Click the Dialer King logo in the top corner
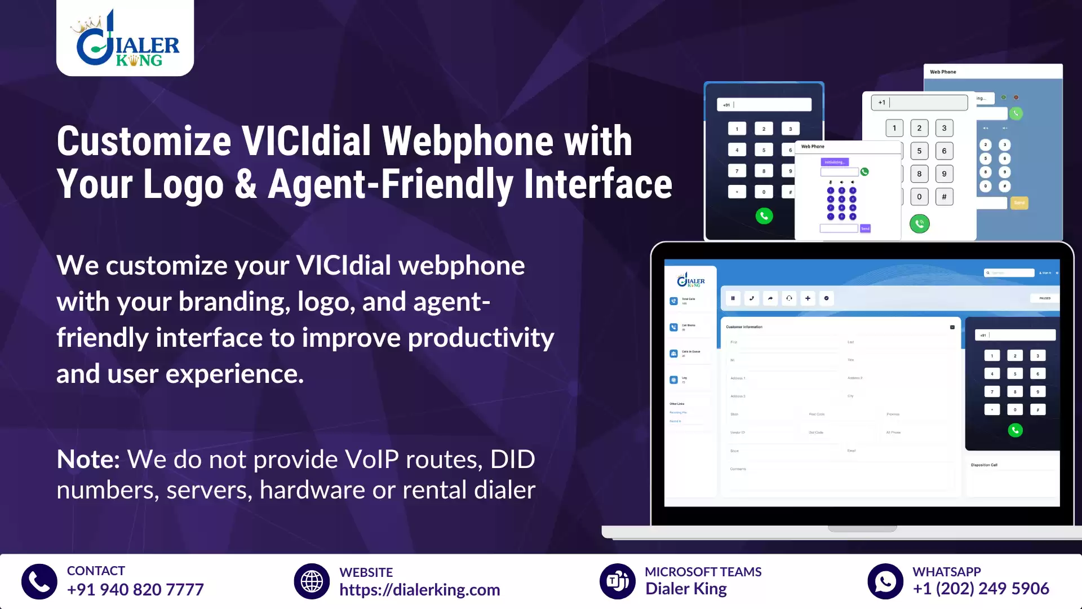[125, 38]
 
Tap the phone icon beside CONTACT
[39, 581]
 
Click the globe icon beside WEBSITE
[312, 581]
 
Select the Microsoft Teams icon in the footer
[618, 581]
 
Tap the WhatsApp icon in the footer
[885, 581]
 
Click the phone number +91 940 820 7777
[135, 590]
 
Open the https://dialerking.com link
[419, 590]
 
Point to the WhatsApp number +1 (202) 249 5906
[981, 589]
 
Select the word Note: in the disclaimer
[88, 460]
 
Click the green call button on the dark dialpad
[764, 216]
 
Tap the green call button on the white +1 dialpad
[920, 224]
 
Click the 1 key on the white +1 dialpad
[894, 128]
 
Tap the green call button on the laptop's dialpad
[1015, 431]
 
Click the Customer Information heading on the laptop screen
[744, 327]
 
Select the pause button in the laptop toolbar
[733, 298]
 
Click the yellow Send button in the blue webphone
[1019, 203]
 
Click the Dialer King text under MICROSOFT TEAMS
[686, 589]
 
